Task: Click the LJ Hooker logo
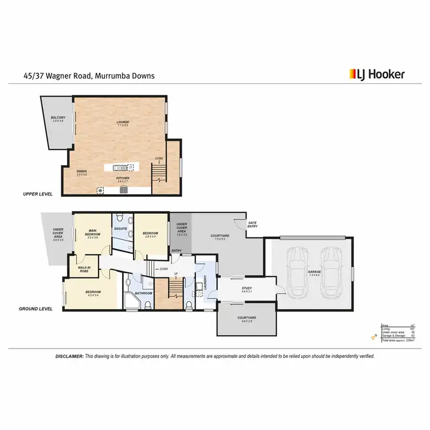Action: pos(377,74)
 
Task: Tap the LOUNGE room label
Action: pos(123,122)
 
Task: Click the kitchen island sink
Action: pos(118,167)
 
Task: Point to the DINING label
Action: pos(82,171)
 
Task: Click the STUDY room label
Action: pos(247,289)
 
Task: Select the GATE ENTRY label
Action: pos(252,224)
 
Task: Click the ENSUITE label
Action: pos(120,229)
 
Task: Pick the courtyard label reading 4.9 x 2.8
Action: pos(247,319)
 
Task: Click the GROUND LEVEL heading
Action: pos(36,308)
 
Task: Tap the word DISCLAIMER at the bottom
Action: pos(69,356)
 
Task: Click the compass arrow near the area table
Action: pos(373,339)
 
